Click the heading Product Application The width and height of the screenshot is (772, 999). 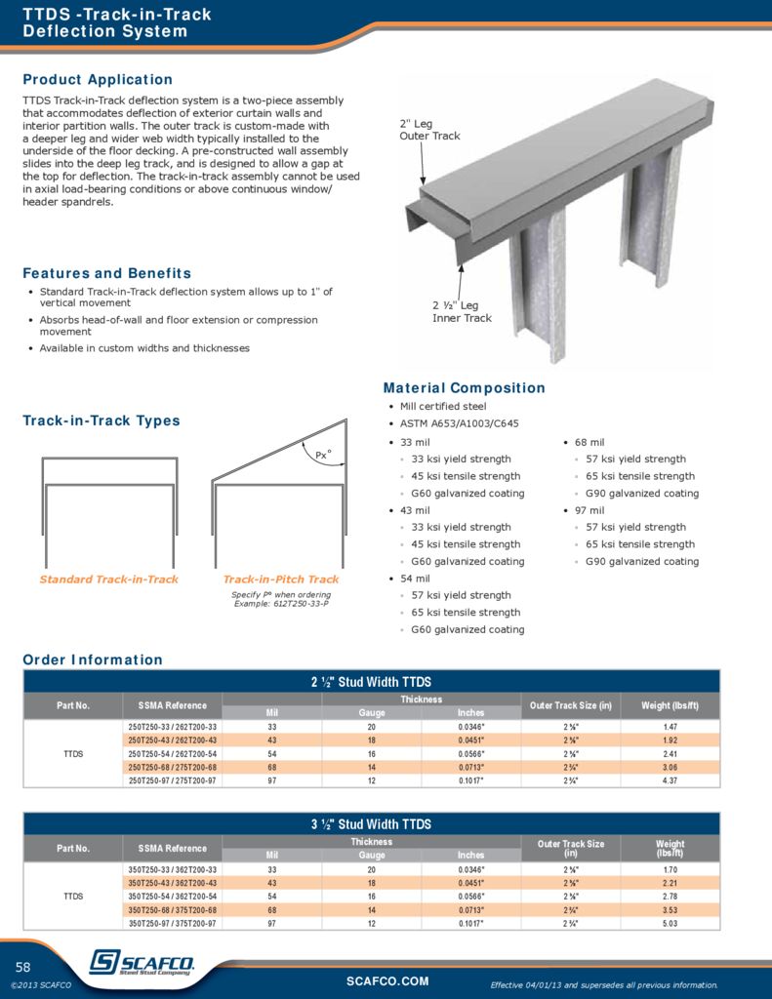coord(98,80)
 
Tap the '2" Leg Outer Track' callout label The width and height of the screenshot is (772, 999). coord(429,130)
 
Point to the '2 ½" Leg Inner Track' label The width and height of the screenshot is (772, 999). coord(462,312)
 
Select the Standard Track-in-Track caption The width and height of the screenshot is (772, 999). coord(108,579)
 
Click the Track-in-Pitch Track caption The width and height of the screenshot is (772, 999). coord(281,579)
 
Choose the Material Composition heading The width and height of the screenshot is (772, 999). coord(464,388)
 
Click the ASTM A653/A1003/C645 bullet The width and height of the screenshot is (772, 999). coord(459,424)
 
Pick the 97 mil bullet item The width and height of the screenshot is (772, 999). coord(589,510)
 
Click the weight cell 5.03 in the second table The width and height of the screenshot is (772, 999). coord(670,923)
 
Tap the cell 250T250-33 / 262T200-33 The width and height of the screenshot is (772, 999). coord(173,727)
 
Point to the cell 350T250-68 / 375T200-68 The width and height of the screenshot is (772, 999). coord(173,909)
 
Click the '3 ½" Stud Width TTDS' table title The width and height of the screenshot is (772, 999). coord(371,824)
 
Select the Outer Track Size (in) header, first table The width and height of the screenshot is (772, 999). coord(570,705)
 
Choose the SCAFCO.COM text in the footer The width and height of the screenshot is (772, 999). coord(387,980)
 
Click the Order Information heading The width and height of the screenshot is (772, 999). coord(93,660)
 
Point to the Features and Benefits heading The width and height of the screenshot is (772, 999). coord(106,274)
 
